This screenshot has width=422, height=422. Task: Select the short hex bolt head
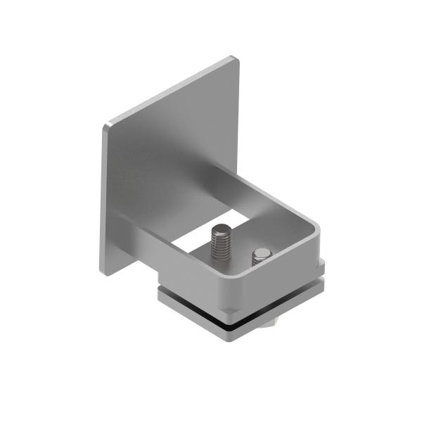point(261,255)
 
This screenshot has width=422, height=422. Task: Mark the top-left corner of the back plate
point(105,127)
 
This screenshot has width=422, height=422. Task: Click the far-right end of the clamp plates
point(324,274)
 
